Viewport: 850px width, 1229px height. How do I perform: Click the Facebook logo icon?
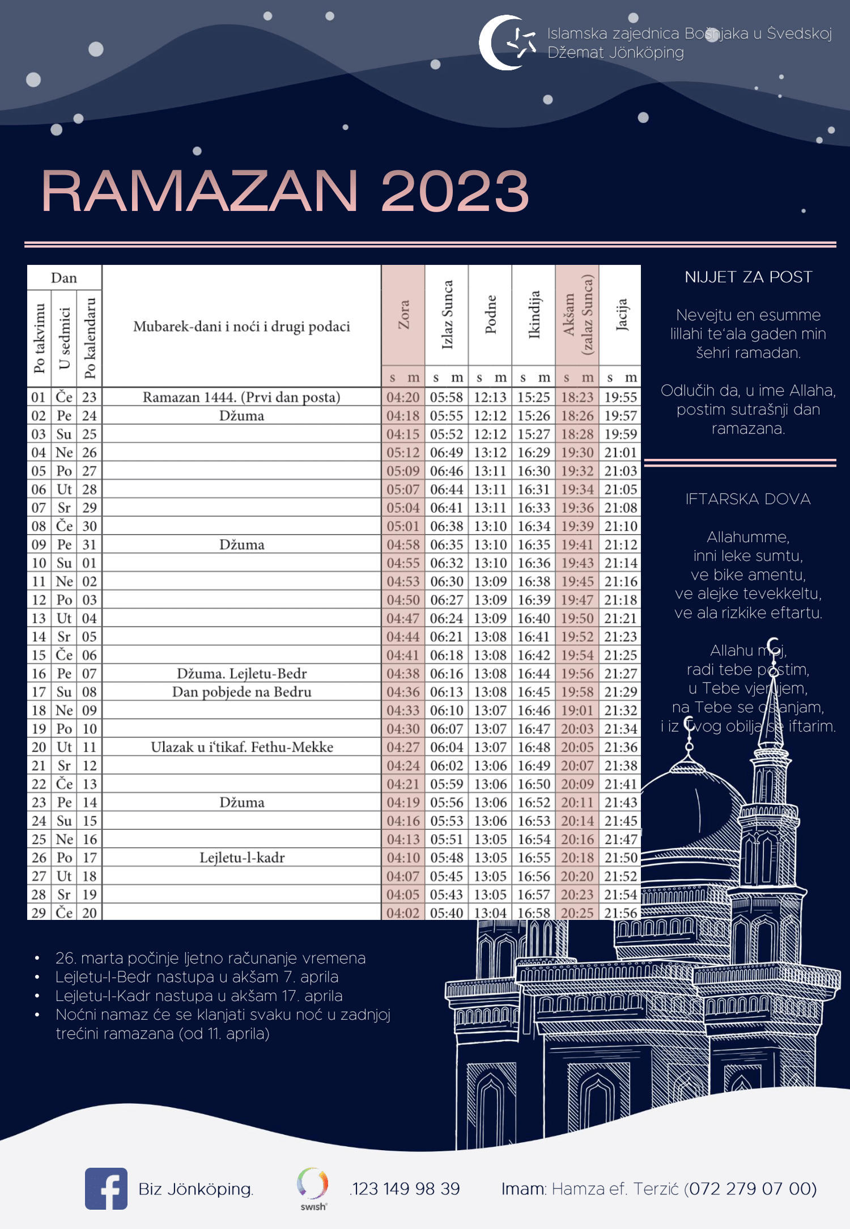[106, 1188]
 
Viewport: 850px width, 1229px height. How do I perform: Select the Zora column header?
[403, 315]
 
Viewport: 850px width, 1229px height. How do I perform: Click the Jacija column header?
[620, 315]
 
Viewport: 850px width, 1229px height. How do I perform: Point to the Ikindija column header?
[534, 315]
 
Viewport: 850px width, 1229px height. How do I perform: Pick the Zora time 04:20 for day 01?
[403, 397]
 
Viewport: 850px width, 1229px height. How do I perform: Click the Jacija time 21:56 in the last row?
[620, 913]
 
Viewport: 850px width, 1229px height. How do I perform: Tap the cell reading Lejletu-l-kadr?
[242, 858]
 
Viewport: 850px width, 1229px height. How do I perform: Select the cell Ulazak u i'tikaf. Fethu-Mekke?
[242, 747]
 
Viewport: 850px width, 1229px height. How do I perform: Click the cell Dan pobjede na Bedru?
[242, 692]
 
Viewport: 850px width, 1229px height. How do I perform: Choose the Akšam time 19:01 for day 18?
[577, 710]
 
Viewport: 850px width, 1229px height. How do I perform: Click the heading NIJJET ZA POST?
[748, 277]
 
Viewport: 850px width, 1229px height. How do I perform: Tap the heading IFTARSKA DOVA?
[748, 499]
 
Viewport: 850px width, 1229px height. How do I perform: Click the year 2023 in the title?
[455, 191]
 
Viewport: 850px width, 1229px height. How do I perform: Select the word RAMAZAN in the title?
[199, 191]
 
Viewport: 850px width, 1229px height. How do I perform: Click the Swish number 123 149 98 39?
[406, 1189]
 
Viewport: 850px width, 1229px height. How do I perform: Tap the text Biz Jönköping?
[195, 1189]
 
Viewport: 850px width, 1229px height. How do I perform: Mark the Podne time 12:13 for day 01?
[490, 397]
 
